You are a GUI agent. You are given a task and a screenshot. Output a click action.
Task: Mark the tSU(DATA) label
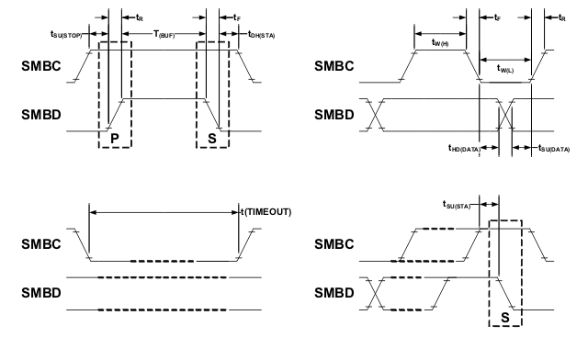point(548,148)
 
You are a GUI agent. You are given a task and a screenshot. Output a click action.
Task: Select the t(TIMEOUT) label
point(265,211)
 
